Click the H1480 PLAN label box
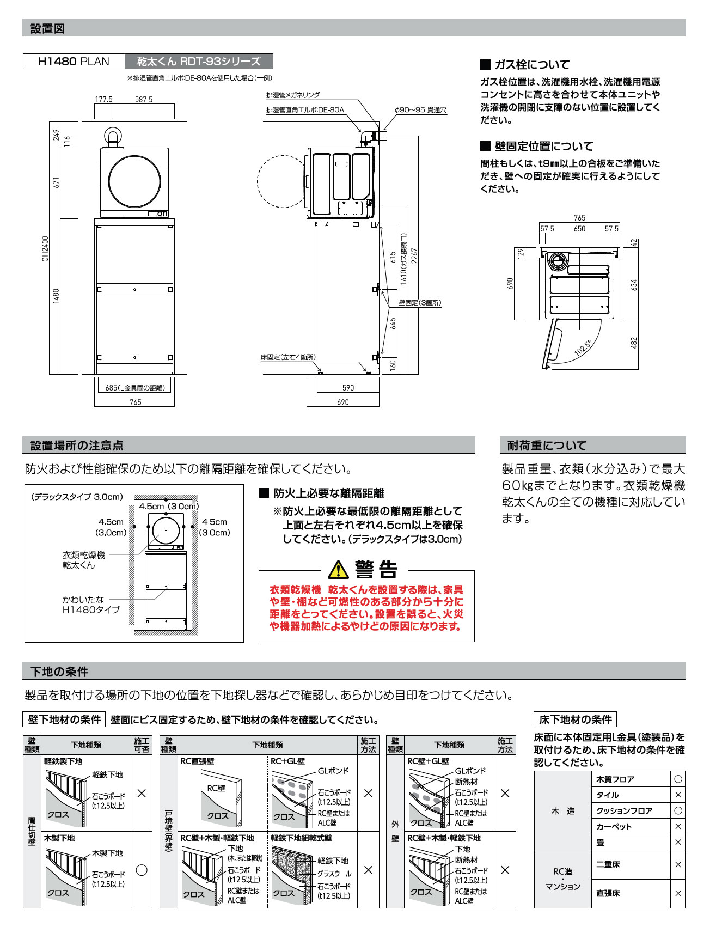point(74,62)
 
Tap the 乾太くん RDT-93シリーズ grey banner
point(199,62)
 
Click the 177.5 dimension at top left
point(103,99)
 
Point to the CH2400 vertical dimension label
point(45,248)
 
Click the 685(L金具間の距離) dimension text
point(134,388)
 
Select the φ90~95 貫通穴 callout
point(420,110)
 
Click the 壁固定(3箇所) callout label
point(420,303)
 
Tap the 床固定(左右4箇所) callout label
point(287,357)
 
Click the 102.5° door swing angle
point(583,347)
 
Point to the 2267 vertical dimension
point(414,256)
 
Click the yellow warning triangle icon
point(338,570)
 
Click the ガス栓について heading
point(531,64)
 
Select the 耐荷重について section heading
point(547,446)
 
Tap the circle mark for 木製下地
point(142,870)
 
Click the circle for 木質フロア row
point(678,779)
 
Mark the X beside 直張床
point(678,893)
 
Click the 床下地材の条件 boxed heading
point(575,719)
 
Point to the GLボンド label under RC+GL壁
point(333,771)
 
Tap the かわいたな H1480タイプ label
point(91,605)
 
